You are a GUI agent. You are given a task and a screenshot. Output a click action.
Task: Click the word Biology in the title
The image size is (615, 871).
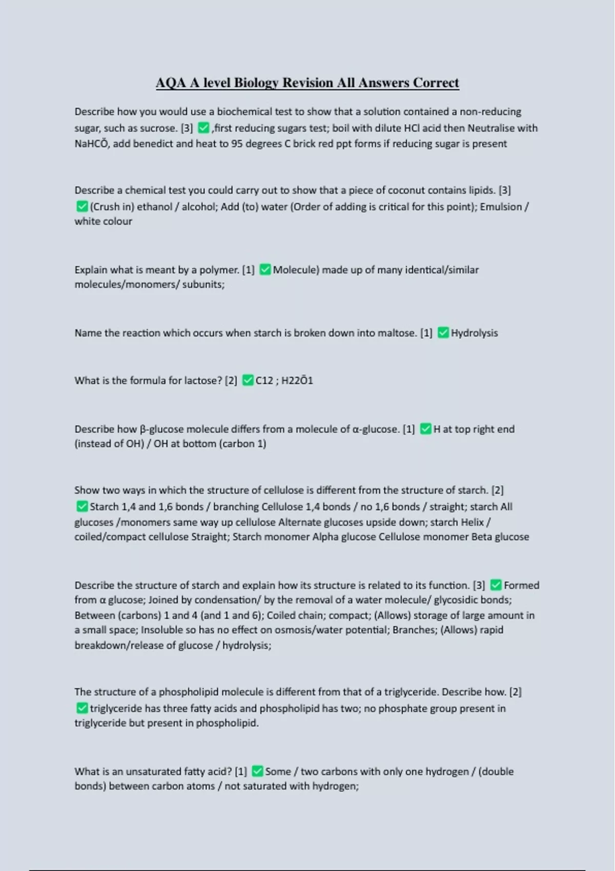coord(256,83)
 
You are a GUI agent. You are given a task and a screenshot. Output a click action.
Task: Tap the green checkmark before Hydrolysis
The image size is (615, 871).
coord(443,333)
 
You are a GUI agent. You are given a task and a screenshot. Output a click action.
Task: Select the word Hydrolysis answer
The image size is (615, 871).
coord(474,333)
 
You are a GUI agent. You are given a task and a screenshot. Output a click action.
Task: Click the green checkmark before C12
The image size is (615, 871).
coord(248,380)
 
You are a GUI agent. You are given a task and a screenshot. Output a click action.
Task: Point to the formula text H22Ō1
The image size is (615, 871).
coord(297,381)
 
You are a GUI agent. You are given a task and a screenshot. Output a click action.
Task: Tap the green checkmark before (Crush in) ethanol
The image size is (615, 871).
coord(82,206)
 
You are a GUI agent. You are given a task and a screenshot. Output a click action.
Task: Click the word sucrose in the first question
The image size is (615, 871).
coord(161,128)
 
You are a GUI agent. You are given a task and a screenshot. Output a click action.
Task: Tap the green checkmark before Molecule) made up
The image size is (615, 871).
coord(265,269)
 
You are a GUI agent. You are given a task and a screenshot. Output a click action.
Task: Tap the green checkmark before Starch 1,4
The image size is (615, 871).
coord(82,507)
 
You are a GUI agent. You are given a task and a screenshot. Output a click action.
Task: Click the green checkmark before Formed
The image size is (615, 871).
coord(496,585)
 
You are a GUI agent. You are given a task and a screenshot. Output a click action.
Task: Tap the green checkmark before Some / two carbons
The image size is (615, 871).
coord(257,772)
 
